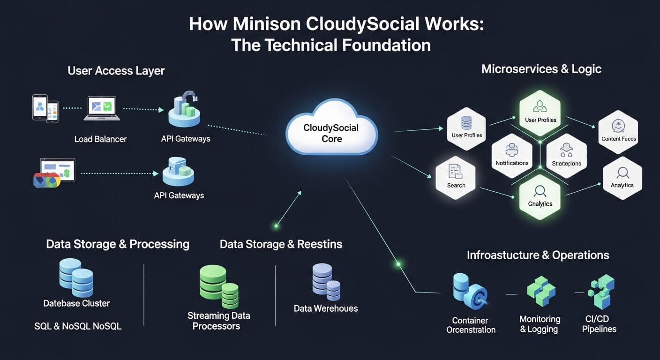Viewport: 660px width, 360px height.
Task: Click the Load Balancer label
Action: [100, 139]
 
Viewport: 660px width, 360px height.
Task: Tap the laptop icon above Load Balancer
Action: [102, 109]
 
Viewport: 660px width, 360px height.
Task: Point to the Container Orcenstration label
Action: [470, 325]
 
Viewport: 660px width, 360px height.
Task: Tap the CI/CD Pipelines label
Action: [599, 324]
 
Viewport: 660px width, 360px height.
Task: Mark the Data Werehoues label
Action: [325, 308]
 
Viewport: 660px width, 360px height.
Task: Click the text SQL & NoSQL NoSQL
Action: [78, 326]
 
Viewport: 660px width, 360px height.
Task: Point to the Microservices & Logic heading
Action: [541, 69]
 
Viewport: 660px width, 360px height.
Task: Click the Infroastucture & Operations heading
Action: [538, 255]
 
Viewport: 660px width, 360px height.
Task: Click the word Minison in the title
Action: [266, 24]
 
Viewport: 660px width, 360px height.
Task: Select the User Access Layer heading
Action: [116, 71]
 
